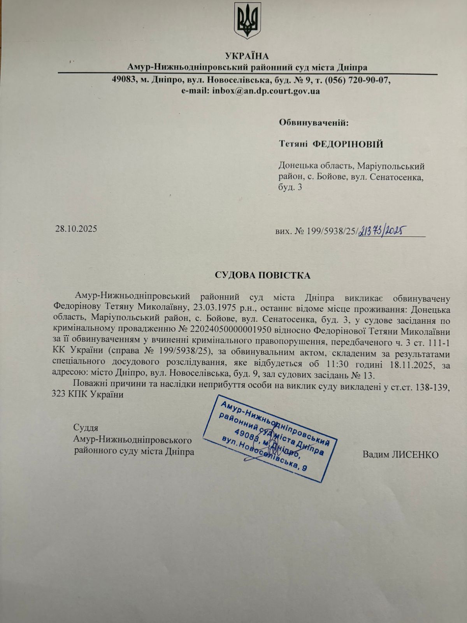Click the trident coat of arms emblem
pos(247,22)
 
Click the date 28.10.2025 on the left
pos(75,228)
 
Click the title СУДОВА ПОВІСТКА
pos(263,276)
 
